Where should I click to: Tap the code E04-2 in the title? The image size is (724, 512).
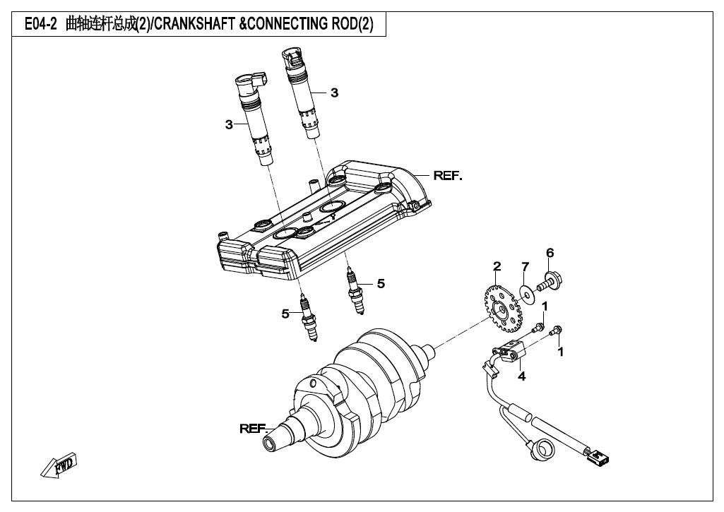pyautogui.click(x=40, y=25)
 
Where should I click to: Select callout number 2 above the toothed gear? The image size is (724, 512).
pyautogui.click(x=497, y=266)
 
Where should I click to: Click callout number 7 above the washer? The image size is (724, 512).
pyautogui.click(x=525, y=266)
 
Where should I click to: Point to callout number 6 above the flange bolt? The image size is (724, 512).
pyautogui.click(x=550, y=253)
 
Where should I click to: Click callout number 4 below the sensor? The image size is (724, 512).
pyautogui.click(x=521, y=376)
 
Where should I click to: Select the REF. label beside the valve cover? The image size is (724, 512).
pyautogui.click(x=447, y=175)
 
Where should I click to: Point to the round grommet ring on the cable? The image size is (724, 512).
pyautogui.click(x=545, y=447)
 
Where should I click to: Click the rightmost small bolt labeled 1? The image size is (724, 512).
pyautogui.click(x=558, y=331)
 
